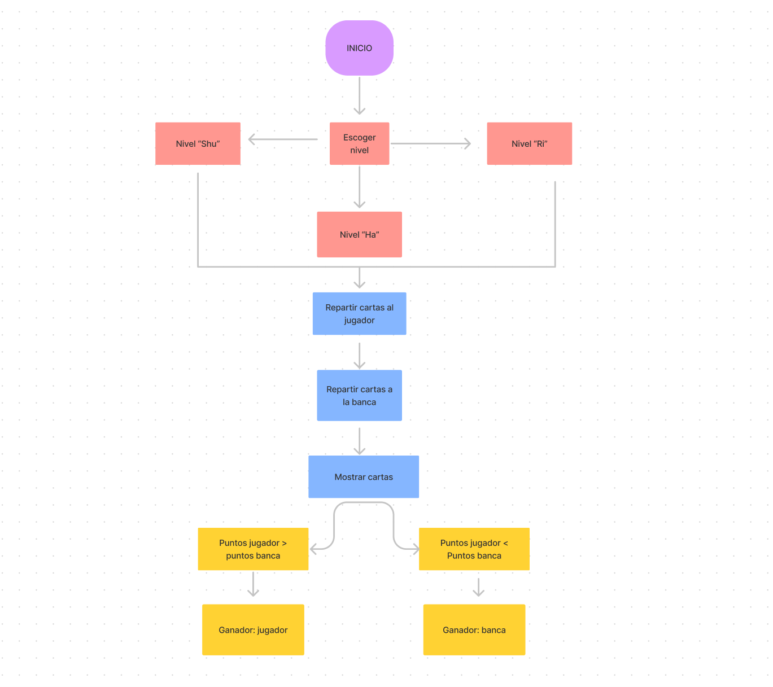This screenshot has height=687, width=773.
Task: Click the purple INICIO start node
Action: [x=359, y=48]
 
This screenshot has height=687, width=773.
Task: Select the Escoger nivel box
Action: [x=359, y=143]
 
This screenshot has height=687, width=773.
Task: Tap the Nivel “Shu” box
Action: [x=198, y=143]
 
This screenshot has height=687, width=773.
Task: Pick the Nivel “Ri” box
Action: [x=529, y=143]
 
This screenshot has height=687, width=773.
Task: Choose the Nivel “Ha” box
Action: [x=359, y=234]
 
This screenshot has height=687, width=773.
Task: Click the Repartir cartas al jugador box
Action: [x=359, y=313]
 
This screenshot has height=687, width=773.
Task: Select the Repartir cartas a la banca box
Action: [x=359, y=395]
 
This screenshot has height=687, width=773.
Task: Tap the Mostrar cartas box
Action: [x=363, y=476]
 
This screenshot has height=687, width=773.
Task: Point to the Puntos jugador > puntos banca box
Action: [x=253, y=549]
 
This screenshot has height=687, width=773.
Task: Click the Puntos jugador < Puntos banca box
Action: [x=474, y=549]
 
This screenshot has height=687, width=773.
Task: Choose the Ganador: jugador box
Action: [x=253, y=629]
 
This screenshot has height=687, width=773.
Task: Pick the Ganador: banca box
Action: [x=474, y=629]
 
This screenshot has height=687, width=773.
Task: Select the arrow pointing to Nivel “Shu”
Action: [x=283, y=139]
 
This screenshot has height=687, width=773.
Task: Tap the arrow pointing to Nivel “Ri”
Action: [x=431, y=143]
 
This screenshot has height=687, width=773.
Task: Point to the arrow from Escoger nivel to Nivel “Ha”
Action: [x=360, y=187]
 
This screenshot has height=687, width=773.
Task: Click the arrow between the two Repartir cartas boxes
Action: [x=360, y=355]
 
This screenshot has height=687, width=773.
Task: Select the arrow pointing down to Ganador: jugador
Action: [x=254, y=584]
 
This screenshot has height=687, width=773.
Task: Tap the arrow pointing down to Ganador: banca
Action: [x=479, y=587]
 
